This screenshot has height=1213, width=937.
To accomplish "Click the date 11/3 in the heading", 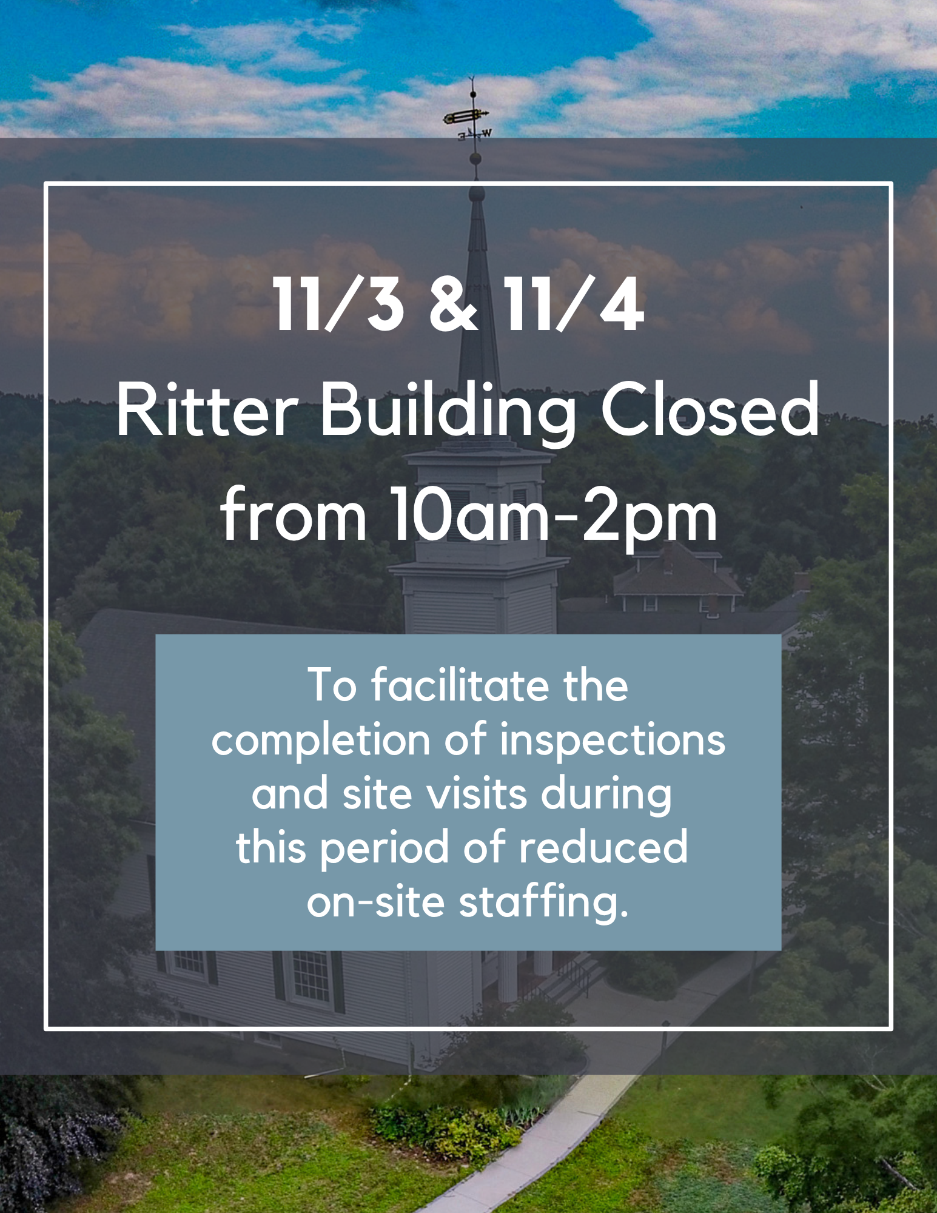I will point(338,304).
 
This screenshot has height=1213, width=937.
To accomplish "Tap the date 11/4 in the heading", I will point(573,304).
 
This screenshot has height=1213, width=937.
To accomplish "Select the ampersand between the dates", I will point(453,304).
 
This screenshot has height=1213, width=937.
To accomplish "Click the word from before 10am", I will point(294,516).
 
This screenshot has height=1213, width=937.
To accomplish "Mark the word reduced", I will point(603,848).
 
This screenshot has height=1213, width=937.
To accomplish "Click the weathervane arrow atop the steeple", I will point(466,115).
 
